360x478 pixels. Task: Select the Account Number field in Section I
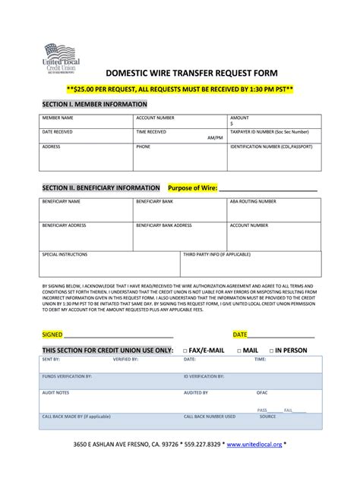pos(179,121)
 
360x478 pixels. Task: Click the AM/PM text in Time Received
pos(214,137)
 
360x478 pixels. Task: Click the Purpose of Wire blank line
pos(267,188)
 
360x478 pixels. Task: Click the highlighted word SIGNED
pos(52,334)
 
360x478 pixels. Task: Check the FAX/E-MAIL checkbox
pos(185,351)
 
